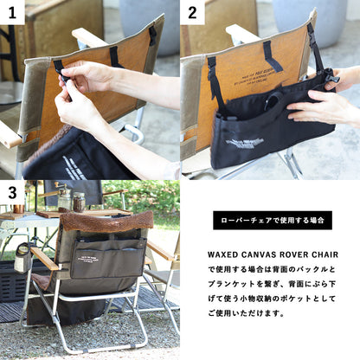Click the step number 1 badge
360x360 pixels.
[x=12, y=12]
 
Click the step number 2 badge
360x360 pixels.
[x=192, y=12]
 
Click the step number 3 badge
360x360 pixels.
[x=12, y=192]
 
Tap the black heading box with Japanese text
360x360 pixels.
[x=272, y=220]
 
